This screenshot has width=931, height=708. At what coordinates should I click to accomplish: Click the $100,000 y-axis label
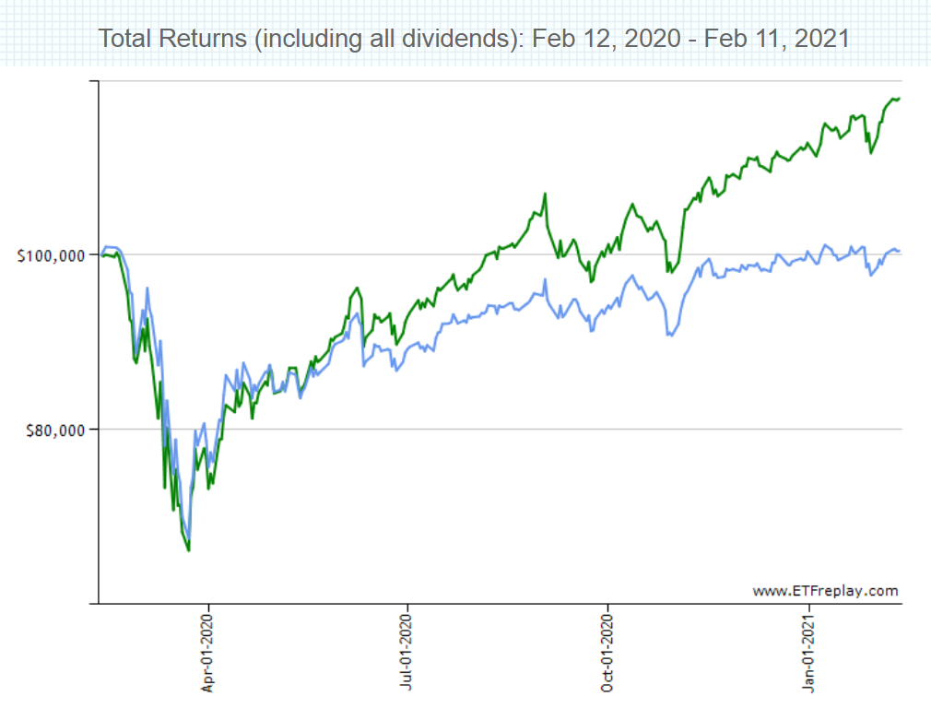tap(52, 255)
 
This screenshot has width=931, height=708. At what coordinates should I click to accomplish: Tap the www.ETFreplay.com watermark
tap(825, 591)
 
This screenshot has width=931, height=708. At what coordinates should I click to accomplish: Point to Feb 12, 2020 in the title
tap(589, 39)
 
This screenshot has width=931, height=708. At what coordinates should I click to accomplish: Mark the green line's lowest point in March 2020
tap(189, 550)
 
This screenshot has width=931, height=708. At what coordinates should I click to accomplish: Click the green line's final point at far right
tap(900, 99)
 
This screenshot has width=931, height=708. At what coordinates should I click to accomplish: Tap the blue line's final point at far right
tap(900, 252)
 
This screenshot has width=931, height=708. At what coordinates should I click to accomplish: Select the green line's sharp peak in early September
tap(546, 194)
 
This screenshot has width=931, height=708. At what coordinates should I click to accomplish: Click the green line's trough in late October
tap(668, 272)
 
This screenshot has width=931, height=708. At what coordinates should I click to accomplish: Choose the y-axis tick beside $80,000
tap(93, 430)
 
